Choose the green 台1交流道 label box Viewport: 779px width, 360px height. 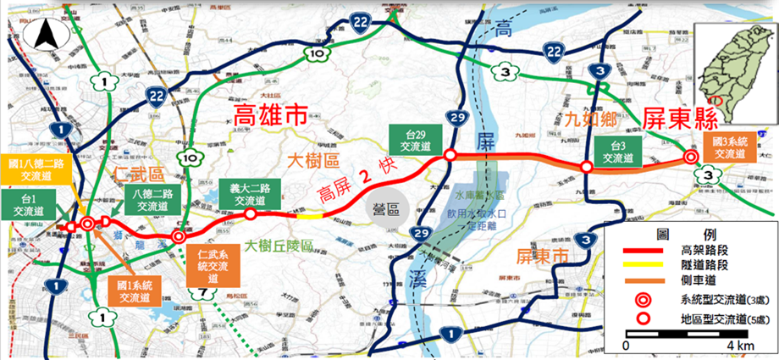(x=30, y=204)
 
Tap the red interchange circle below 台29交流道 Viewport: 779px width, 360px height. (x=451, y=154)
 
